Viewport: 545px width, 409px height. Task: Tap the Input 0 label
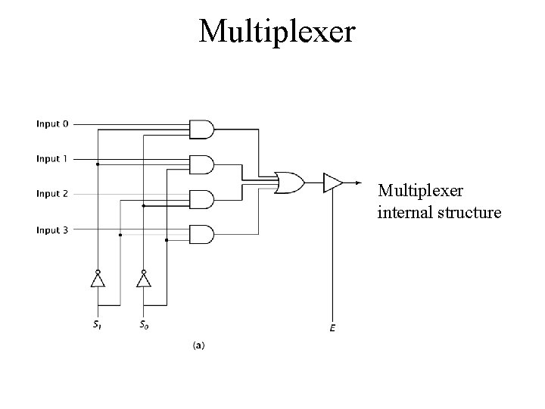coord(52,123)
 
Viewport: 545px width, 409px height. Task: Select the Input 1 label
coord(52,159)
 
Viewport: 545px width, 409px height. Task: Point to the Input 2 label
coord(52,194)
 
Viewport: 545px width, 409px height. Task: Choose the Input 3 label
coord(52,229)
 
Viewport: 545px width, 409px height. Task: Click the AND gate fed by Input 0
coord(201,130)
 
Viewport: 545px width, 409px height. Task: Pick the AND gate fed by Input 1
coord(201,164)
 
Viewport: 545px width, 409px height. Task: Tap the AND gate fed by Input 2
coord(201,199)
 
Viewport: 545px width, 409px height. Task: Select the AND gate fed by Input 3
coord(201,234)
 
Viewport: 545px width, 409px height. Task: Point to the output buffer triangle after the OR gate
coord(331,183)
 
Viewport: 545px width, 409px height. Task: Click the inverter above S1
coord(97,279)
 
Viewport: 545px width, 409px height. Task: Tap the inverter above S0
coord(143,279)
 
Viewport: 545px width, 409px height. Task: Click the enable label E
coord(332,328)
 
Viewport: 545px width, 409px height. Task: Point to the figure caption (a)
coord(198,345)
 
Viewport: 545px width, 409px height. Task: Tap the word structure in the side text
coord(469,213)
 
